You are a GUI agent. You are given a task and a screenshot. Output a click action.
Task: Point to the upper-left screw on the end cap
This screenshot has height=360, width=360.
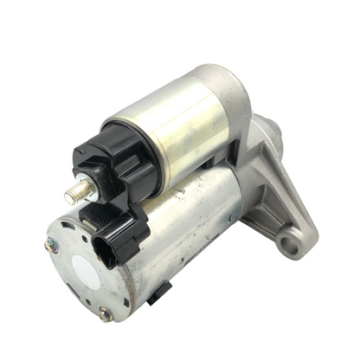pyautogui.click(x=52, y=245)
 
